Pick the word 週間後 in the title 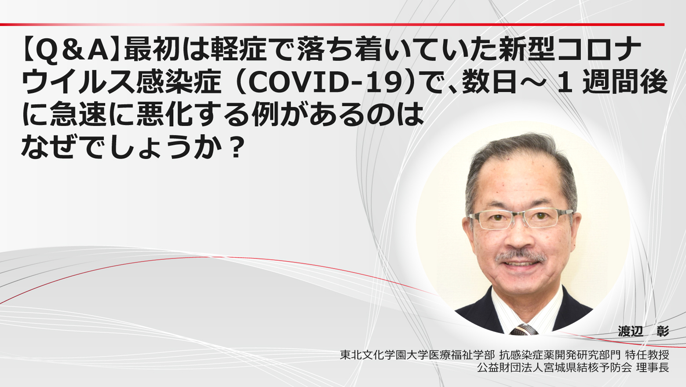click(625, 82)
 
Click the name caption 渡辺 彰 click(643, 332)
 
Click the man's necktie click(523, 329)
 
